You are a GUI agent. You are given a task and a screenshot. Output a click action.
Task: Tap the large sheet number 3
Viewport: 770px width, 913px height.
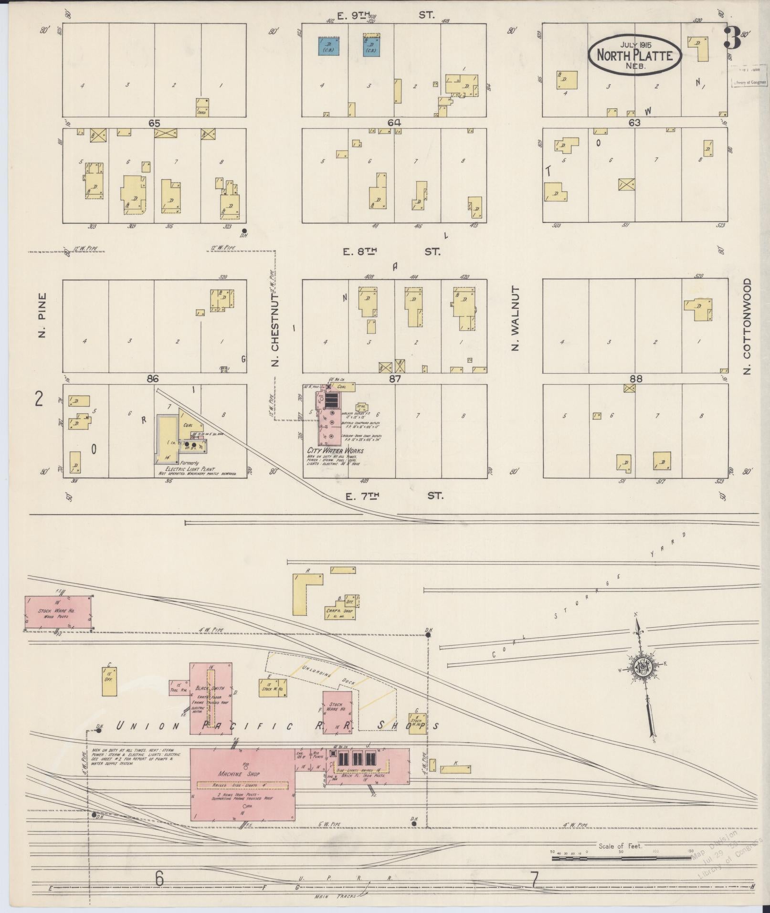click(x=732, y=38)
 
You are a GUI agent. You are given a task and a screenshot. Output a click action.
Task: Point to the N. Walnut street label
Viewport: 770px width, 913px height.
click(x=515, y=318)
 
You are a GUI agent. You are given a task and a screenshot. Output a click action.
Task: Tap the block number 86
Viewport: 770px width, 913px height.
click(x=153, y=379)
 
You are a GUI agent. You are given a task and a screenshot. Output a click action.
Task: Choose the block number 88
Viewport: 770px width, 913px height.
click(x=636, y=379)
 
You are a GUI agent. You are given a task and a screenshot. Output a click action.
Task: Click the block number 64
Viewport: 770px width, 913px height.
click(x=394, y=123)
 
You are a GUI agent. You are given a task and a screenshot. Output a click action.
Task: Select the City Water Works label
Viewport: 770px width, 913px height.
click(x=336, y=451)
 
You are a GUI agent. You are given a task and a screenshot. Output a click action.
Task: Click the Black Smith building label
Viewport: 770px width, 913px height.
click(x=211, y=688)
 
